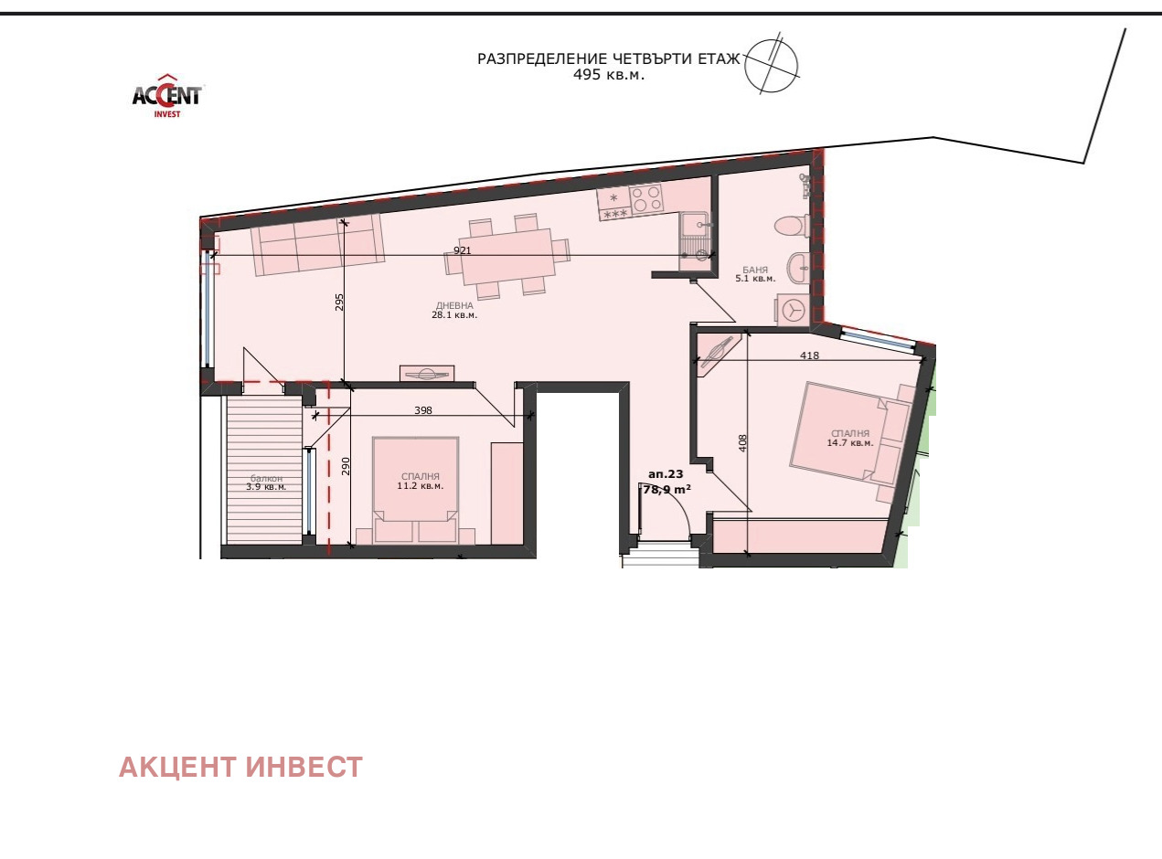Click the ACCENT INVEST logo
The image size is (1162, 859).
pos(166,96)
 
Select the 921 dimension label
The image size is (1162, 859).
pos(462,250)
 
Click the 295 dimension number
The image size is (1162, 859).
pos(339,302)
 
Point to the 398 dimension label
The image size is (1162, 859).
pos(423,410)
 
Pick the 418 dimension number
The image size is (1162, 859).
pos(809,355)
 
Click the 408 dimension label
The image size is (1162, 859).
pos(742,443)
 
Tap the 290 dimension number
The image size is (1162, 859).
pos(346,467)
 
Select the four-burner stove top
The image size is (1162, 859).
pos(646,199)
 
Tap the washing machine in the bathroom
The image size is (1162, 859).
pos(792,310)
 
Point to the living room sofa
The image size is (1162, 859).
pos(317,244)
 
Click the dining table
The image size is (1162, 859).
pos(507,257)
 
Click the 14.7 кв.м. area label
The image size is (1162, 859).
pos(849,442)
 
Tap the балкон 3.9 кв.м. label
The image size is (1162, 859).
pos(266,483)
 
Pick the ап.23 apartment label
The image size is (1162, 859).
pos(666,474)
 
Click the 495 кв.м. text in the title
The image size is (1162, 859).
pos(608,74)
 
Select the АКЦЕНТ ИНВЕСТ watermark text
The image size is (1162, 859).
pos(240,767)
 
